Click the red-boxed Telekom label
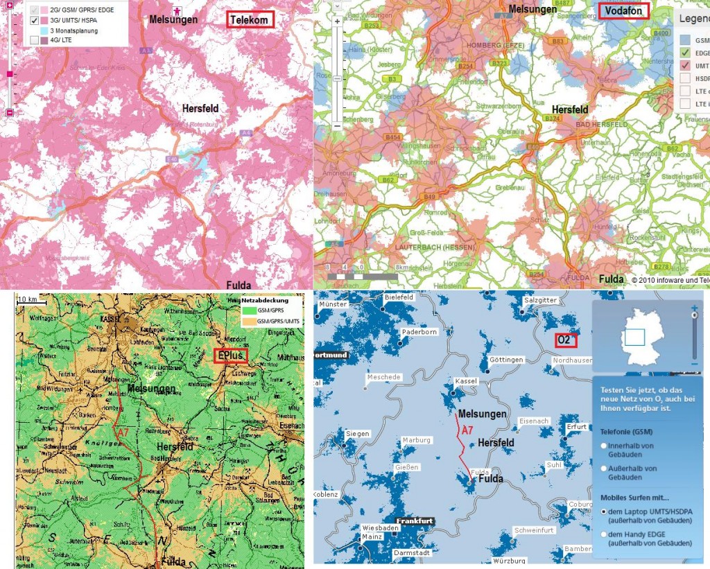(250, 20)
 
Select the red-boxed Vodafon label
(623, 11)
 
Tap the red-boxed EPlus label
(231, 356)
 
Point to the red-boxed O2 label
(565, 340)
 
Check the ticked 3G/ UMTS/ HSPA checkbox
(34, 21)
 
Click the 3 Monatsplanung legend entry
(67, 31)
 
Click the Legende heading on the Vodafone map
(693, 19)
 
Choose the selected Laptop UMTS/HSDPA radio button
(604, 511)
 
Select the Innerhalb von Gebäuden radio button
(604, 446)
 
